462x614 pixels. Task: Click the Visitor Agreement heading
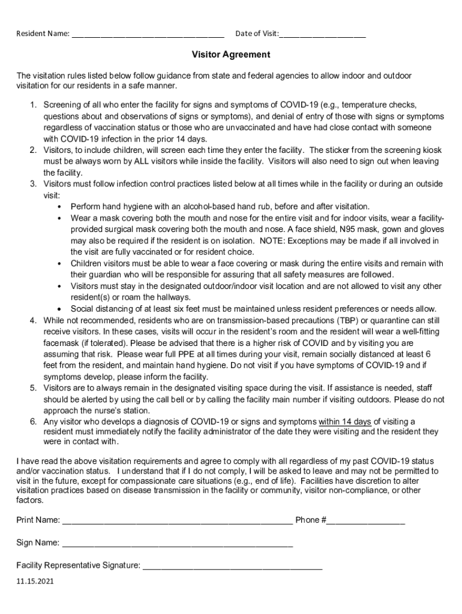pyautogui.click(x=231, y=55)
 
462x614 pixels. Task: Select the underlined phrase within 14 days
pyautogui.click(x=345, y=422)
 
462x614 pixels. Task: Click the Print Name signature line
pyautogui.click(x=177, y=521)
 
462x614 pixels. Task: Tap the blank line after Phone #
pyautogui.click(x=365, y=521)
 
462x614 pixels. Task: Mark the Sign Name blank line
pyautogui.click(x=177, y=544)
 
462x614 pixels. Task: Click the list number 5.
pyautogui.click(x=34, y=389)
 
